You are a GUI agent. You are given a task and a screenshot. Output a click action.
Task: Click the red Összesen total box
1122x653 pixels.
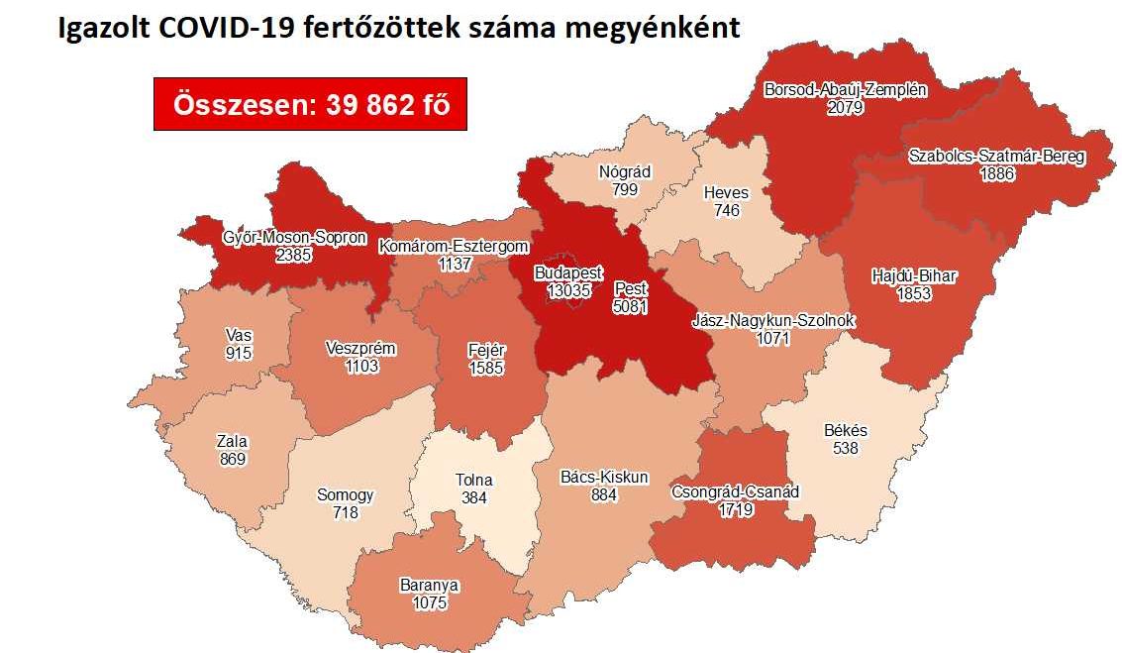pos(310,104)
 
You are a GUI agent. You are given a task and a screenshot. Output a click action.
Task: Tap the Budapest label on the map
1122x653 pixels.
pos(567,272)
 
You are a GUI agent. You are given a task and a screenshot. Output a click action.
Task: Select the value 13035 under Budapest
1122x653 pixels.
pos(571,290)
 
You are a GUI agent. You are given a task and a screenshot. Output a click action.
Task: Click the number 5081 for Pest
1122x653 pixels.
pos(631,306)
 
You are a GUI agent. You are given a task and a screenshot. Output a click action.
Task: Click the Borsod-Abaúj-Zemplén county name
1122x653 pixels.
pos(845,90)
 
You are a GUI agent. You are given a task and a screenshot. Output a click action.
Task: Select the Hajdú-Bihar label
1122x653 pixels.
pos(914,275)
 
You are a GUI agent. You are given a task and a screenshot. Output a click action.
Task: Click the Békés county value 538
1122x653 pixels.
pos(845,448)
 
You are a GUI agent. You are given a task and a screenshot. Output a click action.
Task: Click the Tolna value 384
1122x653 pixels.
pos(474,497)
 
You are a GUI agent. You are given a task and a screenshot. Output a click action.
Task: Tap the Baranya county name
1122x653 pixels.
pos(429,585)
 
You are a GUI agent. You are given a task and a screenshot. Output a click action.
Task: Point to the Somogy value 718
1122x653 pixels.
pos(345,512)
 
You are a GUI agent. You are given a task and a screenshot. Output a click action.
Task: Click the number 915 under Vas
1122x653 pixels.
pos(238,353)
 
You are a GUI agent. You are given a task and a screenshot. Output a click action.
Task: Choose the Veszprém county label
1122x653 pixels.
pos(360,348)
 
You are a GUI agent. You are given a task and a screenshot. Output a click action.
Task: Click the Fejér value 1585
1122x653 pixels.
pos(487,368)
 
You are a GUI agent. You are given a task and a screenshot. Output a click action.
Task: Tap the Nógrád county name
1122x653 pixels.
pos(625,171)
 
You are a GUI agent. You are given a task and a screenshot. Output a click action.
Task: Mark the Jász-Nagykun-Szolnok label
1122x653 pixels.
pos(773,321)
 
